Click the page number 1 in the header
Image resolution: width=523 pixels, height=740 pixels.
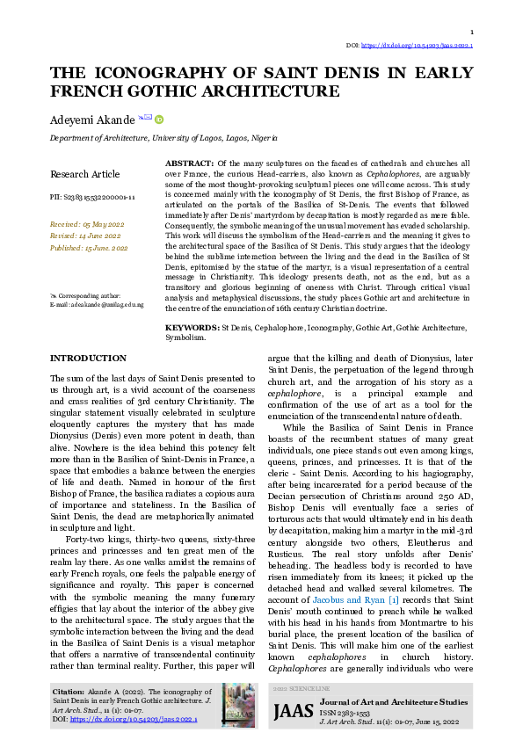(472, 32)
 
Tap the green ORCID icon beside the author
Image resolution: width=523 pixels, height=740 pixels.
(159, 119)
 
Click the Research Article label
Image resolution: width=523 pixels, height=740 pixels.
(85, 174)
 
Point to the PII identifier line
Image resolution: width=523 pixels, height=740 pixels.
(92, 199)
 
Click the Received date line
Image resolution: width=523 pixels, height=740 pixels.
(86, 224)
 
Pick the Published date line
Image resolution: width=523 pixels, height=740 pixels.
(89, 249)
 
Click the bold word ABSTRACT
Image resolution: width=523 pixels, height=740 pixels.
(189, 163)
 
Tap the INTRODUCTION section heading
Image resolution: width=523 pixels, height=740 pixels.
(88, 359)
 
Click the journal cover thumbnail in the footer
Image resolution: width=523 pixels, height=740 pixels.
(238, 705)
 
